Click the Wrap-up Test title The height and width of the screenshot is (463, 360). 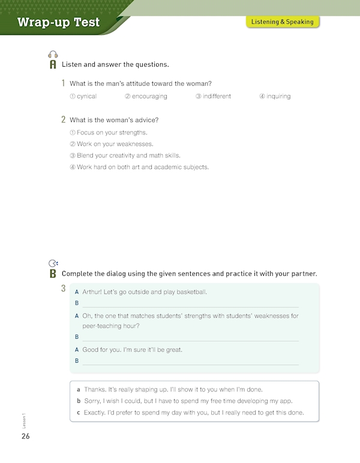point(59,23)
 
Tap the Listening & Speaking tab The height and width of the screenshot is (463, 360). point(282,22)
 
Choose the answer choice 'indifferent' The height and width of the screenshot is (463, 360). point(213,96)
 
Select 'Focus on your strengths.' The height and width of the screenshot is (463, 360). point(108,132)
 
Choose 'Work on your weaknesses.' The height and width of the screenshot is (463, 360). point(111,144)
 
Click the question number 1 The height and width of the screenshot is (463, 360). point(64,83)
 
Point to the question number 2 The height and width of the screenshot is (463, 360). point(64,120)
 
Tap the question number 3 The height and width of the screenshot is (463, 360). point(64,289)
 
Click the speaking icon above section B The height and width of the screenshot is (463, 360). point(53,263)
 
